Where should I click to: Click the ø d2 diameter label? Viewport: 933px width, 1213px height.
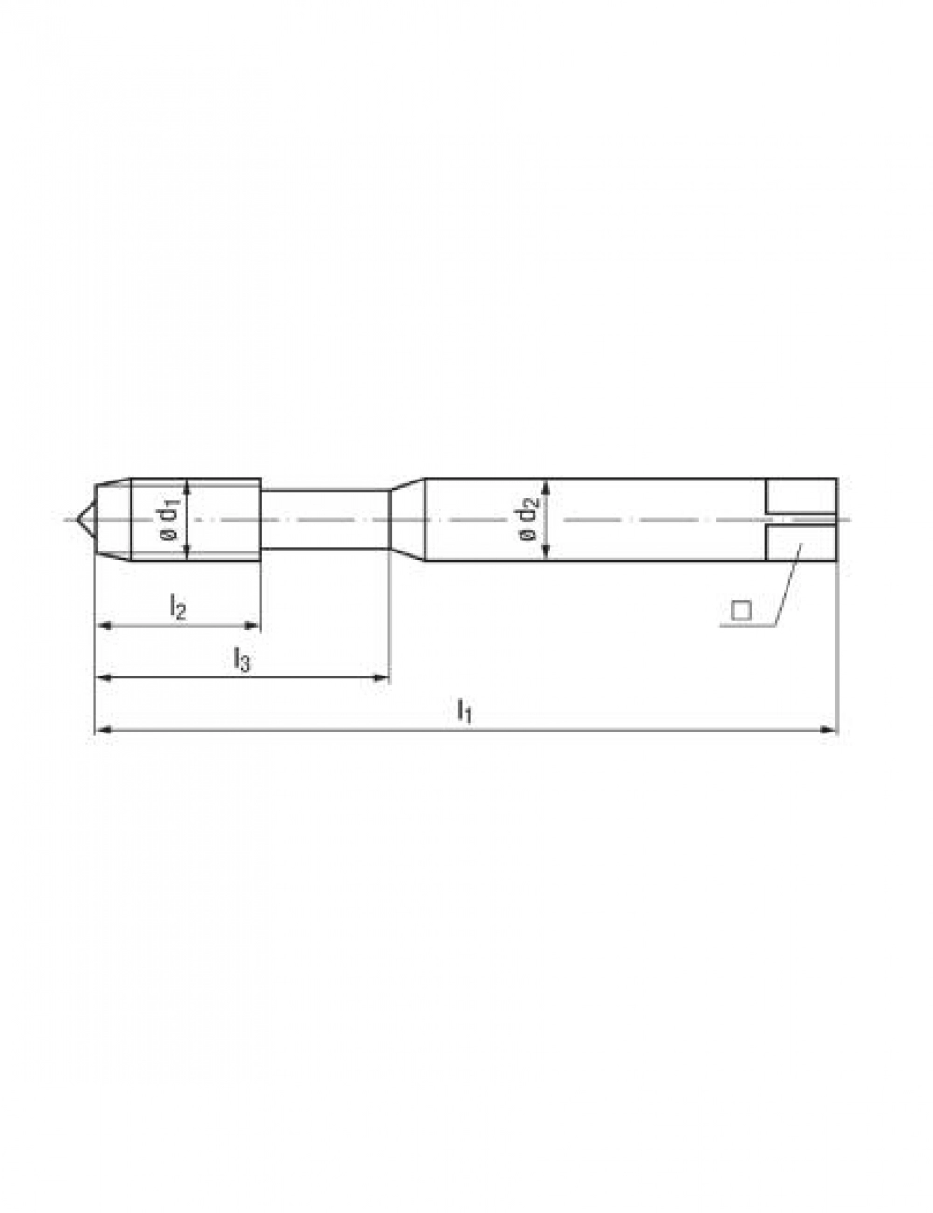[529, 521]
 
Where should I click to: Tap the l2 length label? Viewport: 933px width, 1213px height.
[177, 606]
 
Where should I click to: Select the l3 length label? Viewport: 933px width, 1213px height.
[241, 659]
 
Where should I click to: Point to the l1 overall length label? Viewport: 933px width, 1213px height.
[465, 711]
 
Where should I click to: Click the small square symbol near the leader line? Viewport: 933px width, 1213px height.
[741, 610]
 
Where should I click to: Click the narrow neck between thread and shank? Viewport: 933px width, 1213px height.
[325, 520]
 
